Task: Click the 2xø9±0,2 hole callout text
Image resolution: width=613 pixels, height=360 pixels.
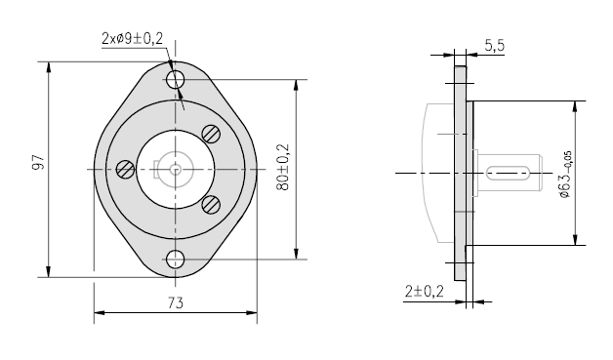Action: pos(132,39)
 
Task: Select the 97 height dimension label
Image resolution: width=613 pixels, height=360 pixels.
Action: pos(38,162)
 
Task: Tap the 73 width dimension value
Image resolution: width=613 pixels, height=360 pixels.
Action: pos(175,302)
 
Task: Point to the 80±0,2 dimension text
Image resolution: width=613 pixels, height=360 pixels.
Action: pos(283,167)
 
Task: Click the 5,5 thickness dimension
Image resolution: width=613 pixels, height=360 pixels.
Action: pos(495,46)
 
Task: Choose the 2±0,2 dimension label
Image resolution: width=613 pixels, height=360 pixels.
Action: pos(425,291)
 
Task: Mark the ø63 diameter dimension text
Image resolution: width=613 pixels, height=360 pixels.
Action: pos(566,175)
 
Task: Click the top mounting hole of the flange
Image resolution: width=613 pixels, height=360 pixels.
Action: pos(175,80)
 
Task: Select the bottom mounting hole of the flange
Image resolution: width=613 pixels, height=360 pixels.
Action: pos(175,260)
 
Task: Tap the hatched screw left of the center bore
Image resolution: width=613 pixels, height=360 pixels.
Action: pos(126,170)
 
